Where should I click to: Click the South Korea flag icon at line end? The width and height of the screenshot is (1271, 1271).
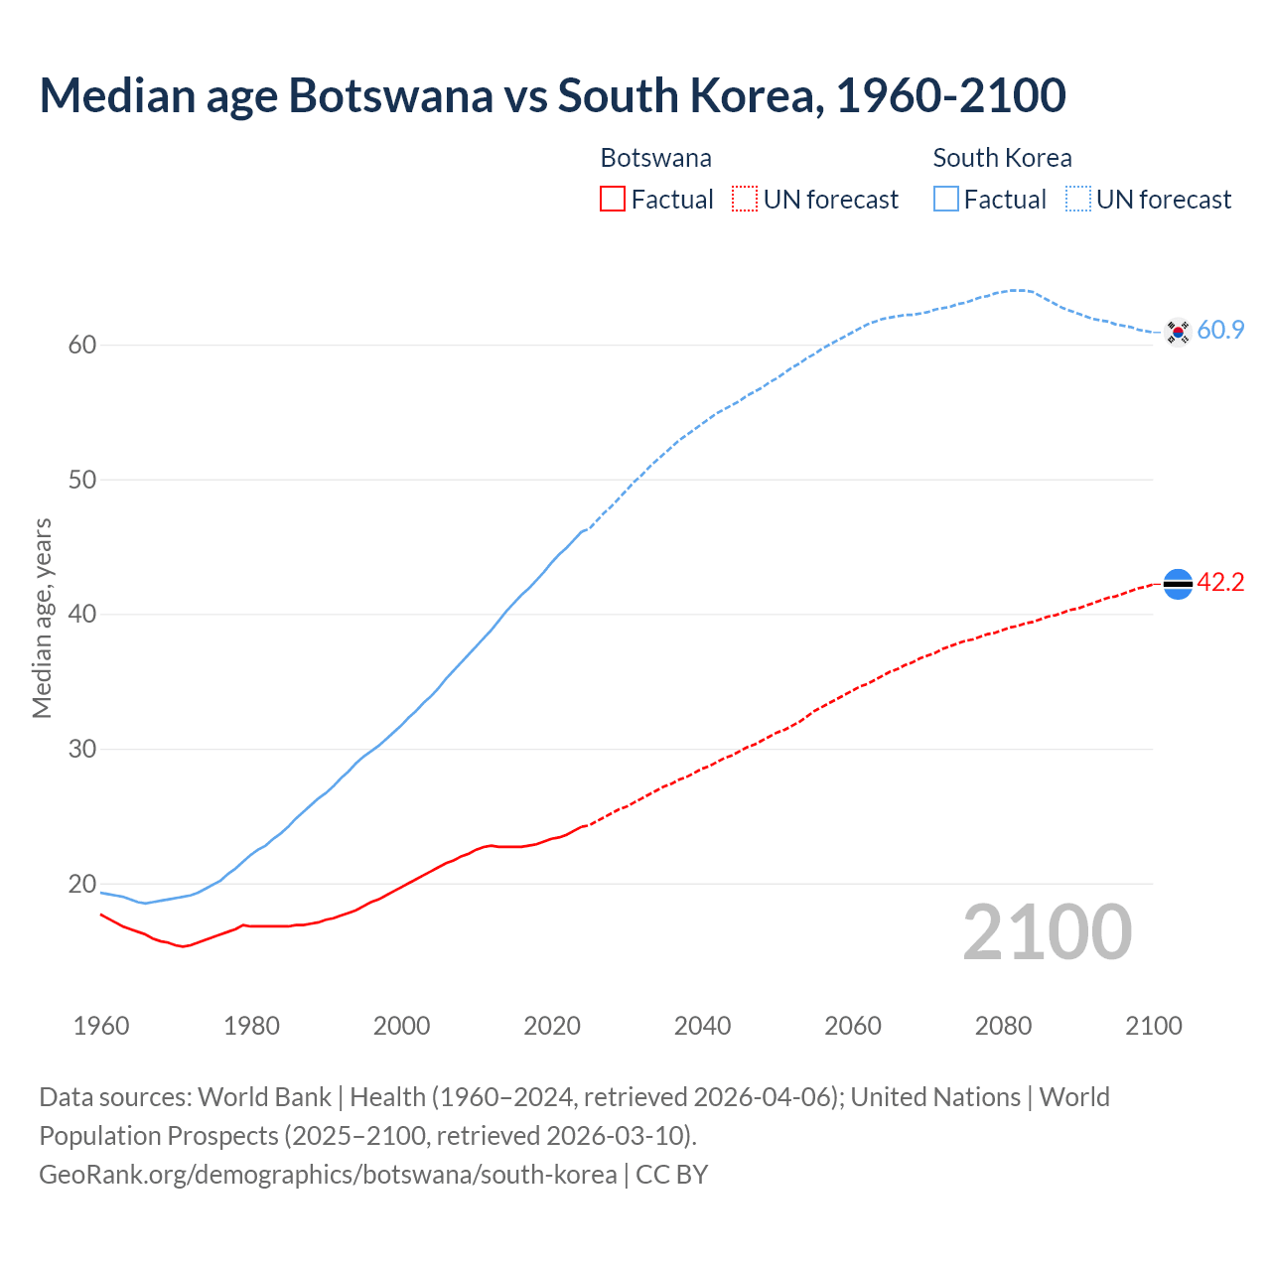1178,332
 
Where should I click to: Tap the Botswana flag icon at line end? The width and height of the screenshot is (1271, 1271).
1178,584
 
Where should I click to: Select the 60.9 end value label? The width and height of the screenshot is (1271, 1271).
1220,331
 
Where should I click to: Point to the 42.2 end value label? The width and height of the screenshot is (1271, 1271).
1220,583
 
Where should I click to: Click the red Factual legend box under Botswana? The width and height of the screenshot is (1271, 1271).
613,200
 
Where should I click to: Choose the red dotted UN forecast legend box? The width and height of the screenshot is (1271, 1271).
745,200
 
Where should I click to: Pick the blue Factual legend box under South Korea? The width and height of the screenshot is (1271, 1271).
945,200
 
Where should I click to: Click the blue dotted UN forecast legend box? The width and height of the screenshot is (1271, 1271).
1077,200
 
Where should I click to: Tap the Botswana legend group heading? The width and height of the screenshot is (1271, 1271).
655,158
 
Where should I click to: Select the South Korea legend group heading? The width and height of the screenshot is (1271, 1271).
1002,158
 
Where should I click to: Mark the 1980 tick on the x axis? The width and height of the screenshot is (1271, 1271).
251,1026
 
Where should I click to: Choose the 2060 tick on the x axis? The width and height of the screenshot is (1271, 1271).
853,1026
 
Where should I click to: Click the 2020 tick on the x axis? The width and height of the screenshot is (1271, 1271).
552,1026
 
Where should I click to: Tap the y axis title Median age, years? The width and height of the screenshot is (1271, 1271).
42,618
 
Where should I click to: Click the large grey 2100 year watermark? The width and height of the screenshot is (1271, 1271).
1047,932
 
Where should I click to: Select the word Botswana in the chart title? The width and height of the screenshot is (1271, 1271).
390,95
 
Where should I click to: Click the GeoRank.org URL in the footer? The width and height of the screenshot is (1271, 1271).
328,1175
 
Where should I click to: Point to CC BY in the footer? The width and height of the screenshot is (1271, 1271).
672,1175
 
